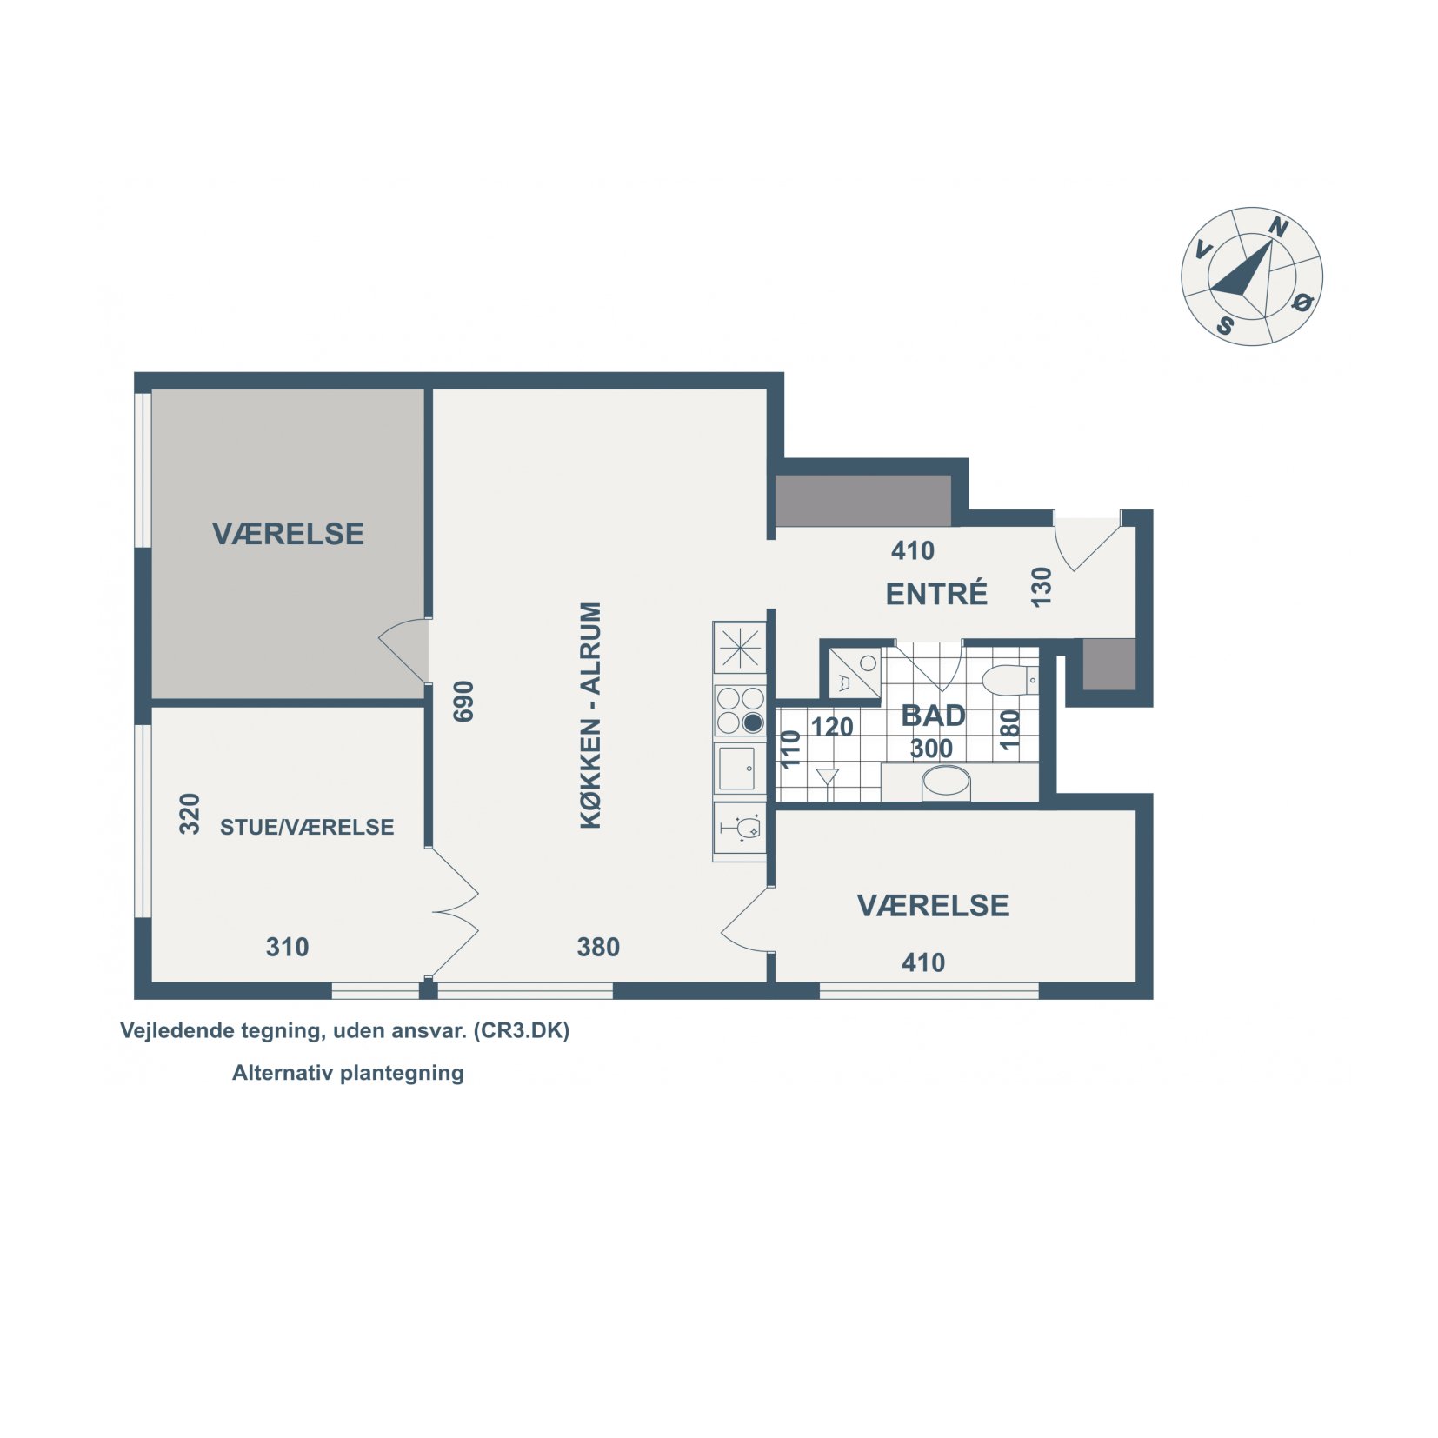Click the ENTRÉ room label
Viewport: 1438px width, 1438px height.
[936, 594]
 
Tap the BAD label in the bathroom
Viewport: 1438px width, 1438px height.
[933, 716]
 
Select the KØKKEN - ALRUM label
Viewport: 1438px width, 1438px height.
[590, 715]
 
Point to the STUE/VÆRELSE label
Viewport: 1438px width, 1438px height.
[307, 827]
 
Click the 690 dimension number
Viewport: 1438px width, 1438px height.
[463, 701]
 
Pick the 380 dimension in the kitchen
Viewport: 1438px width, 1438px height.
[598, 947]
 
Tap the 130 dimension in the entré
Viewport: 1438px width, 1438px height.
[1041, 587]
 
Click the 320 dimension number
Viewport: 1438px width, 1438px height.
[190, 814]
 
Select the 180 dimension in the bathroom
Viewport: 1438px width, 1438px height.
[1009, 730]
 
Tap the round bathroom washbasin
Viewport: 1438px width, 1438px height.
[946, 782]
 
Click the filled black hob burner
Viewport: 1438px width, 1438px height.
[753, 722]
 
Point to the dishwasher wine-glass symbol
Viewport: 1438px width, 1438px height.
[741, 829]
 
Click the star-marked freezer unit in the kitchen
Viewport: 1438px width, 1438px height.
[739, 648]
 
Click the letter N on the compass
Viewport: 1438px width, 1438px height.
[1278, 228]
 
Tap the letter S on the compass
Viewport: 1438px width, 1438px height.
[1225, 326]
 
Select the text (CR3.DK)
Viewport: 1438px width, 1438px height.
[522, 1030]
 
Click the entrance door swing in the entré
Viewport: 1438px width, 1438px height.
[1086, 543]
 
